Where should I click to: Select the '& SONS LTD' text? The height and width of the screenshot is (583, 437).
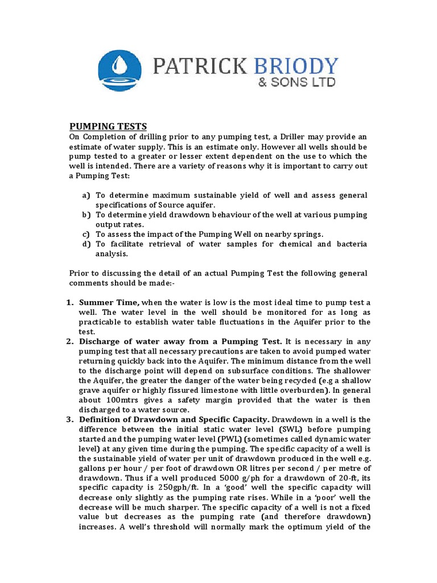pos(296,83)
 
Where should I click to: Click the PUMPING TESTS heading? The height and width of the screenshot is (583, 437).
pos(108,126)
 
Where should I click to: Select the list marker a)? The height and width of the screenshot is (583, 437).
pos(86,195)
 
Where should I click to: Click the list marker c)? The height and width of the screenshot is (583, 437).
pos(86,234)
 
